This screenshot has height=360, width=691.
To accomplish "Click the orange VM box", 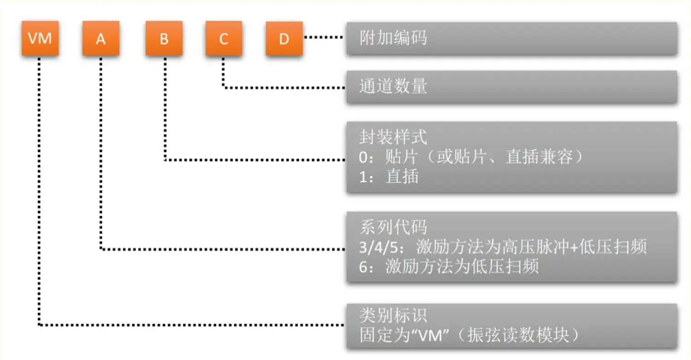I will pos(40,39).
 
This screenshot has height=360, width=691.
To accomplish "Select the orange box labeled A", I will pos(100,39).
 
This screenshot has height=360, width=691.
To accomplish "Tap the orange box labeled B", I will pos(164,39).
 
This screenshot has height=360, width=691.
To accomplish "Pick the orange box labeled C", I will pos(223,39).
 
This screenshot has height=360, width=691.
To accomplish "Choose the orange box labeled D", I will pos(284,39).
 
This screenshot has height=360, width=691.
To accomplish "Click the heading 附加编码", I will pos(393,38).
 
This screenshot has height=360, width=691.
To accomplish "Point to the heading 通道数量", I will pos(393,86).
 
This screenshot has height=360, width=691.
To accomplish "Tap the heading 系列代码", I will pos(393,227).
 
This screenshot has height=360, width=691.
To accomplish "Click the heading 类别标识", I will pos(393,315).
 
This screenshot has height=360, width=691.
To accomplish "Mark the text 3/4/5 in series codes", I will pos(380,247).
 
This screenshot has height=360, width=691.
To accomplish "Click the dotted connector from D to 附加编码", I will pos(324,38).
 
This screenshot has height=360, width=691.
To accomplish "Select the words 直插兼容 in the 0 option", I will pos(539,157).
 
